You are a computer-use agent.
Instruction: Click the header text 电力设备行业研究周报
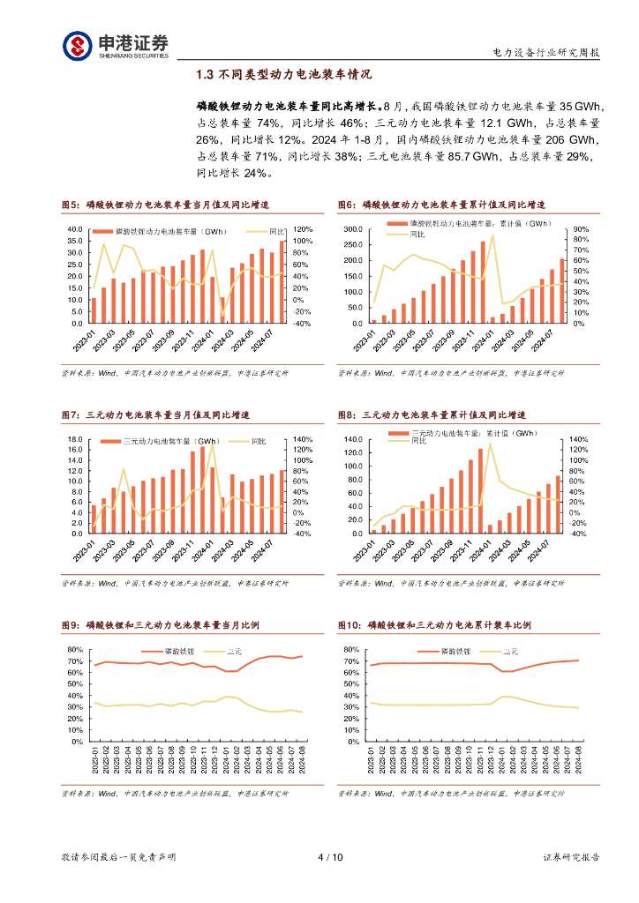pyautogui.click(x=545, y=54)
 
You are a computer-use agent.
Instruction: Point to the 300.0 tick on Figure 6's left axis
pyautogui.click(x=352, y=229)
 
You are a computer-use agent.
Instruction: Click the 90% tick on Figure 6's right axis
pyautogui.click(x=579, y=229)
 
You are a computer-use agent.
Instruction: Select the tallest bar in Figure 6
pyautogui.click(x=483, y=282)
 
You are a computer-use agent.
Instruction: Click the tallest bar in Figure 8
pyautogui.click(x=481, y=491)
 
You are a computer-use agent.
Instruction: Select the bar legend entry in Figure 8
pyautogui.click(x=463, y=433)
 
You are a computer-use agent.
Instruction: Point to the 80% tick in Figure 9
pyautogui.click(x=73, y=650)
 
